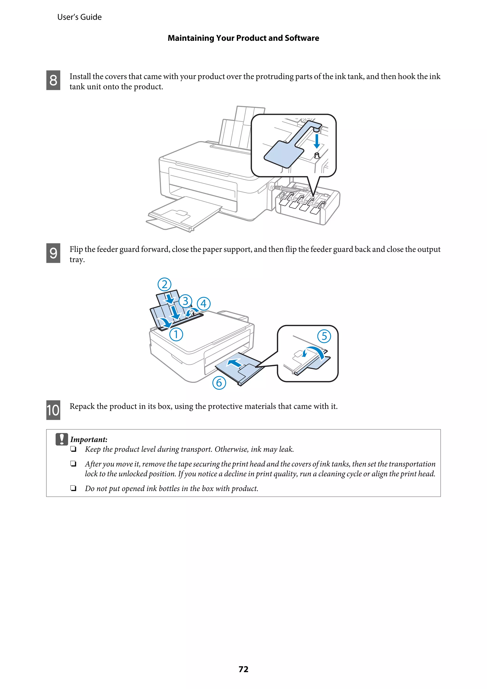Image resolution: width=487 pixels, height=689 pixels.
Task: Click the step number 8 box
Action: point(53,80)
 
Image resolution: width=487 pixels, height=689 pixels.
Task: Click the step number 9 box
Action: point(53,253)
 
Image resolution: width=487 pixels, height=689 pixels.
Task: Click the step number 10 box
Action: point(53,410)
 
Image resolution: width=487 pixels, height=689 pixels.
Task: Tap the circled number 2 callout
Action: point(164,284)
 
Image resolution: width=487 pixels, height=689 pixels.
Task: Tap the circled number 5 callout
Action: point(324,336)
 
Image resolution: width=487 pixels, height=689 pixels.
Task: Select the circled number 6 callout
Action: point(219,383)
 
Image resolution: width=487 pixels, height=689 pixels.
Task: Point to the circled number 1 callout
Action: point(176,334)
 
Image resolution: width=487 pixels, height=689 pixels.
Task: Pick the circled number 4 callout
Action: point(204,304)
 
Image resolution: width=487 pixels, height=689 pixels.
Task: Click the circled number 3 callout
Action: point(185,301)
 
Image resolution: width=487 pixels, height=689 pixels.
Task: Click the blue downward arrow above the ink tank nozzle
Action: point(317,141)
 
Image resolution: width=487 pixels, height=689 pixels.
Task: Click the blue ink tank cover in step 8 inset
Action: point(283,154)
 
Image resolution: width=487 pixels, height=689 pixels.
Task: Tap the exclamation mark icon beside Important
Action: point(62,439)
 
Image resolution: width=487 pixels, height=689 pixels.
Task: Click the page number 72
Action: point(243,669)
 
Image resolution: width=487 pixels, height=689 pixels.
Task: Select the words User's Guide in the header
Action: point(79,17)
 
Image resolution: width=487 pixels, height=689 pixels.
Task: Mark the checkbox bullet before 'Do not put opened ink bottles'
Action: point(73,488)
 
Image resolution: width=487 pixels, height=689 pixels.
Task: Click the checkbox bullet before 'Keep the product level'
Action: point(73,449)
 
